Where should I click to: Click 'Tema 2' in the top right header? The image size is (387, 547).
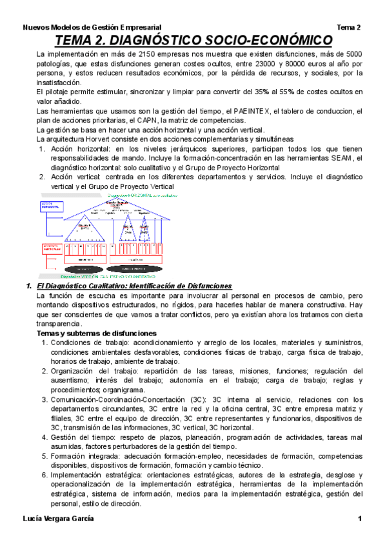pyautogui.click(x=348, y=28)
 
